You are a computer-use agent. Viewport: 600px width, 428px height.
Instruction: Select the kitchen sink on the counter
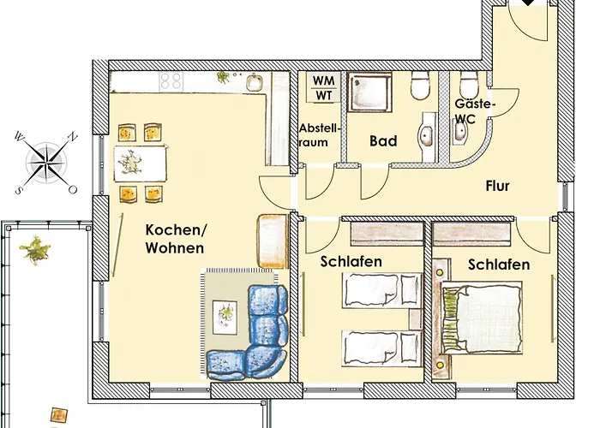tap(255, 83)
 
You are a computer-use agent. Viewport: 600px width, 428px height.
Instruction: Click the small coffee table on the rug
tap(225, 314)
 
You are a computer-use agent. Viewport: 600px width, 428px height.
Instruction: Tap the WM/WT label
tap(323, 87)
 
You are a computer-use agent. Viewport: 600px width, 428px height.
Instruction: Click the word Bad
tap(382, 141)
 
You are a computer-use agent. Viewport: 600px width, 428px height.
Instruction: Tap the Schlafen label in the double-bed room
tap(498, 265)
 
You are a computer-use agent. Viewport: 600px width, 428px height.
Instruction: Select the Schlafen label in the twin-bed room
tap(351, 261)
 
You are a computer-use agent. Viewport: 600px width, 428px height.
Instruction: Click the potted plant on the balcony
tap(35, 250)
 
